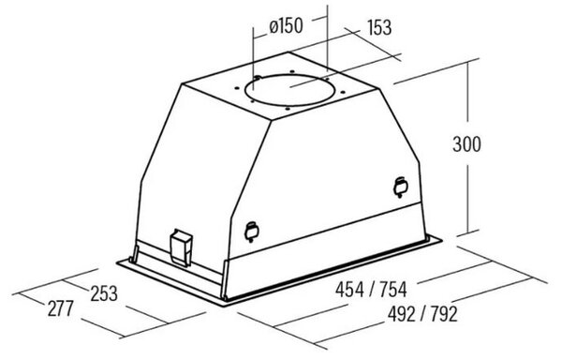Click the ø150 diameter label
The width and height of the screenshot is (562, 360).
286,26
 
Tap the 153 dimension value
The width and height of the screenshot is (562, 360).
379,27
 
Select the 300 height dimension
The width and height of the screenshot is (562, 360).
466,144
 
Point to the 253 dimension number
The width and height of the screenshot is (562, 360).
104,293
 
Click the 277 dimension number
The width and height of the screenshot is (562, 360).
61,308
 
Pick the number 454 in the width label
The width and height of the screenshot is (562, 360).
349,290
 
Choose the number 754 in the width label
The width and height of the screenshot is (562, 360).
393,290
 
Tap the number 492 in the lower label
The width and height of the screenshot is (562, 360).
402,314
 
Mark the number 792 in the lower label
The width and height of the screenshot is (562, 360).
444,314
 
